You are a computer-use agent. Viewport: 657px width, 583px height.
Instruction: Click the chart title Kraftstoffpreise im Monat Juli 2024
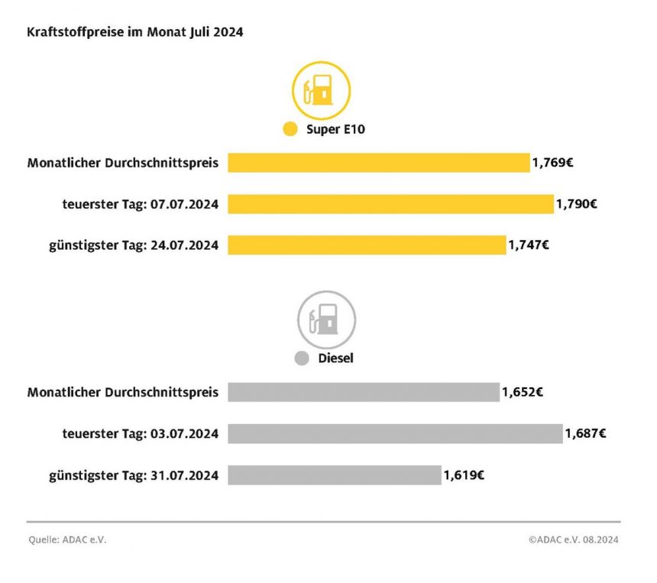click(135, 33)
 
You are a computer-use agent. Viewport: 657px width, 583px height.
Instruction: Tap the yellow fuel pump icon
click(321, 89)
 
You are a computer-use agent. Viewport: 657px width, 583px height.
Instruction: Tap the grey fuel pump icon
click(326, 319)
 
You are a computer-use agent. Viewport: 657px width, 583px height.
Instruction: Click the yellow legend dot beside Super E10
click(290, 129)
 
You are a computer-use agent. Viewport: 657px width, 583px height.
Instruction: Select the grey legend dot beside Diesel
click(302, 358)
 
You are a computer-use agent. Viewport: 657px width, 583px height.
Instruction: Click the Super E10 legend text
click(335, 129)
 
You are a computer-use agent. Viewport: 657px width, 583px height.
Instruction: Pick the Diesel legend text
click(335, 358)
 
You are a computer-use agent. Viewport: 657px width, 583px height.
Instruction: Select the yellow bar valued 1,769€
click(378, 163)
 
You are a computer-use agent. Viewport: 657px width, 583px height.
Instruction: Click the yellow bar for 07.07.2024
click(390, 204)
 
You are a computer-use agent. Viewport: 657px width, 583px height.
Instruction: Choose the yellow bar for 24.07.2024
click(367, 245)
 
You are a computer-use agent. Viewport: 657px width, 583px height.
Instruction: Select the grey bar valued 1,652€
click(364, 392)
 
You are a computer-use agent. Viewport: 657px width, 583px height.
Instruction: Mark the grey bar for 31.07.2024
click(335, 474)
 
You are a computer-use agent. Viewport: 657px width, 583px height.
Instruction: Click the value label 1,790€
click(577, 204)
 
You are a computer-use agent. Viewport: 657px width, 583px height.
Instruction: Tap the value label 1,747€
click(529, 245)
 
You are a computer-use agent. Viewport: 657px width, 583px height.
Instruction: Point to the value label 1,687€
click(586, 433)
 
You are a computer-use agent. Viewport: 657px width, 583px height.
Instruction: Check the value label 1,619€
click(464, 474)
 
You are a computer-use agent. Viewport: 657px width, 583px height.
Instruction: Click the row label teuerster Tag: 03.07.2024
click(141, 433)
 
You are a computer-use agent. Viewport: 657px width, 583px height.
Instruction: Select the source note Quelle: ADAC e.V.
click(68, 539)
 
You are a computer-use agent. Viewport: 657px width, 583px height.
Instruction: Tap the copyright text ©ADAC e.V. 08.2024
click(573, 539)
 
